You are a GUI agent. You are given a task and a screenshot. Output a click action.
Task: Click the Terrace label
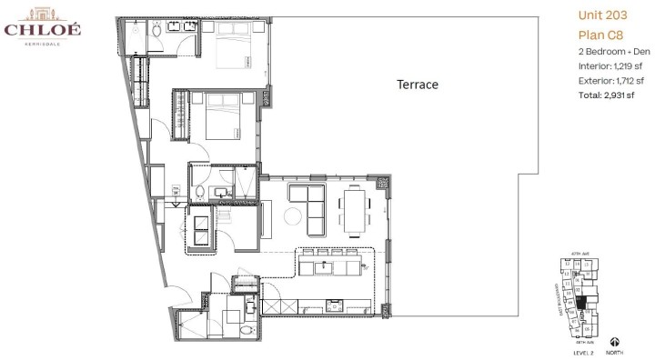[417, 85]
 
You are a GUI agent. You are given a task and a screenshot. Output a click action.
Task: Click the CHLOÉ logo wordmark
[42, 29]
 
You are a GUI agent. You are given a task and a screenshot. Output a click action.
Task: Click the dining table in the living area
[354, 209]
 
